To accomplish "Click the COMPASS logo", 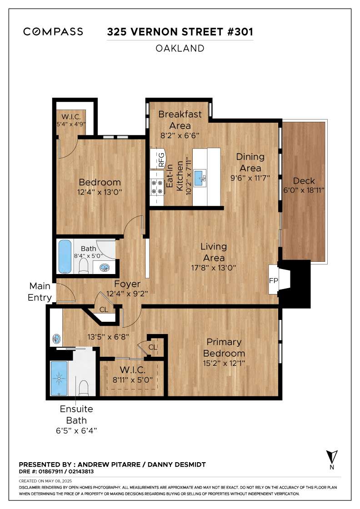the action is coord(53,31).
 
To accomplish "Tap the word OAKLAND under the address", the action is coord(180,48).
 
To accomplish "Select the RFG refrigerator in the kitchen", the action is coord(158,159).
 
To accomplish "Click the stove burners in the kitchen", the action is coord(157,187).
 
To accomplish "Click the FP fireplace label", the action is coord(273,280).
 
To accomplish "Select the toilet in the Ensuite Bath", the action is coord(84,388).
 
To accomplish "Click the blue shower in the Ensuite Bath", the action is coord(59,378).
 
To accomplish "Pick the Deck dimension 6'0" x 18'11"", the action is coord(304,190).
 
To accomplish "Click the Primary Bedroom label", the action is coord(224,348).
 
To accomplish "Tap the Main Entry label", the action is coord(40,291).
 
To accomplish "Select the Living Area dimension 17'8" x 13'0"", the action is coord(213,268).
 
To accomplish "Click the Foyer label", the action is coord(127,284).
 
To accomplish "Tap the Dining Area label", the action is coord(250,162).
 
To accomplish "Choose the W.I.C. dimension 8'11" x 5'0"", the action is coord(132,379).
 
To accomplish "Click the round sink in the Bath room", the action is coord(105,268).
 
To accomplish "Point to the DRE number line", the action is coord(56,471).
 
